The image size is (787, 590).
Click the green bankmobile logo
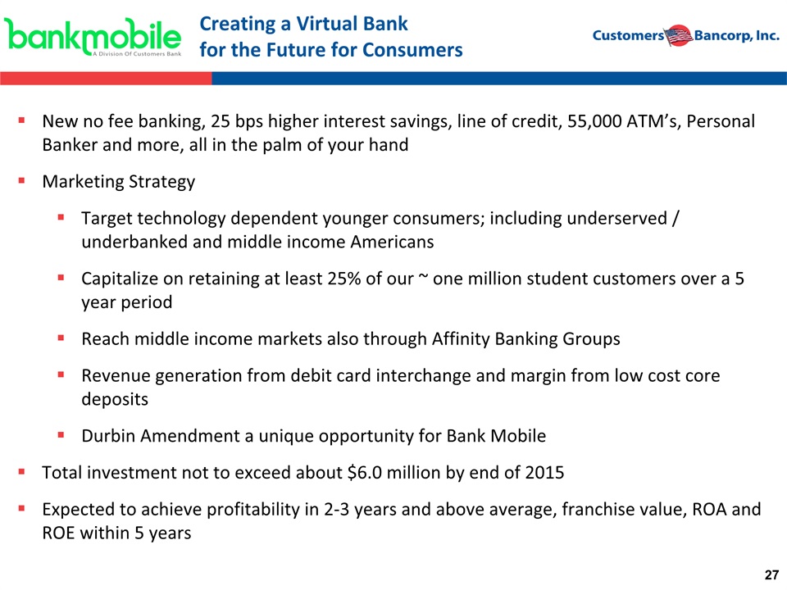[93, 36]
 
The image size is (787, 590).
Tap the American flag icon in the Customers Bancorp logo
[679, 35]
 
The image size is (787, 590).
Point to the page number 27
[771, 575]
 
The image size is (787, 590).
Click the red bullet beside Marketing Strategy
[21, 180]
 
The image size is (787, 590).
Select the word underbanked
[134, 242]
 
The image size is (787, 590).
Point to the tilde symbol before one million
[423, 276]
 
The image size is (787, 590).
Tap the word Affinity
[461, 338]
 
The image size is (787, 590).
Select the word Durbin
[108, 436]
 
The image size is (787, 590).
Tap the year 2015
[544, 473]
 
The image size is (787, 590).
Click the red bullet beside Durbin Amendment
[61, 435]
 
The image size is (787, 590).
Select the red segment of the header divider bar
[106, 79]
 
